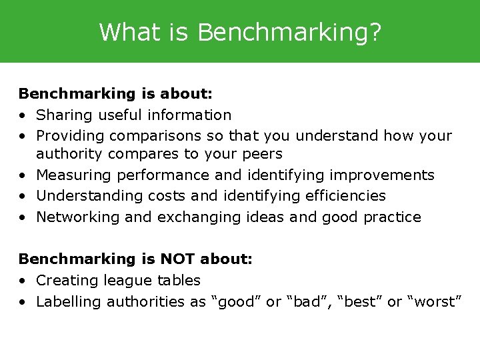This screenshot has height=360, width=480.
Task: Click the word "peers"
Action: coord(261,154)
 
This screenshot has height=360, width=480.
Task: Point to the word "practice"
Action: coord(393,217)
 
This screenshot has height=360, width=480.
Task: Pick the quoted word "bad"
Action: coord(309,301)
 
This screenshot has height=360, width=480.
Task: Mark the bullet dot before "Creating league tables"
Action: coord(23,281)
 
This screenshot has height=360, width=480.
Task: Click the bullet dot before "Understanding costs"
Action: coord(23,196)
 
